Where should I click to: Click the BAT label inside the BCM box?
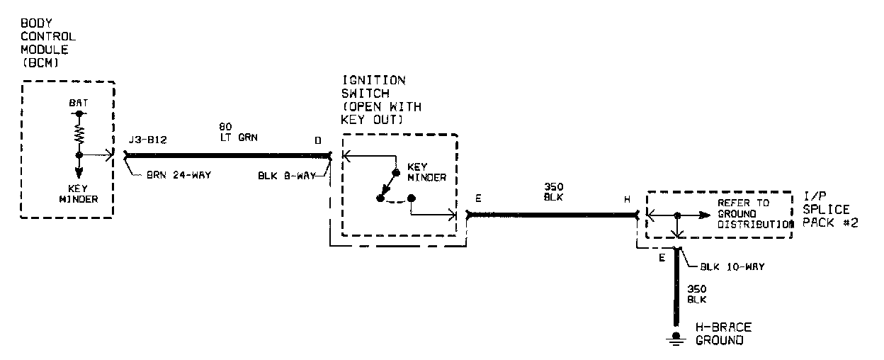[79, 103]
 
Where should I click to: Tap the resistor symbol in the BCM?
[79, 134]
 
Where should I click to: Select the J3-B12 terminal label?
[147, 140]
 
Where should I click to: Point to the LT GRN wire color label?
[238, 137]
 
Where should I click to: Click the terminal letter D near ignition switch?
[318, 140]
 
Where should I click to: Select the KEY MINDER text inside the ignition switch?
[427, 173]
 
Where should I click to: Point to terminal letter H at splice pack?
[627, 199]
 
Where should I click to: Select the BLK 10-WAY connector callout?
[730, 267]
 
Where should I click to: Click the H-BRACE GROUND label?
[723, 334]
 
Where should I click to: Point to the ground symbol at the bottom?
[677, 339]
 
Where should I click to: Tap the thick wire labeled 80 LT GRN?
[227, 152]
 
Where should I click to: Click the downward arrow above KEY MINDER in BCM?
[79, 170]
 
